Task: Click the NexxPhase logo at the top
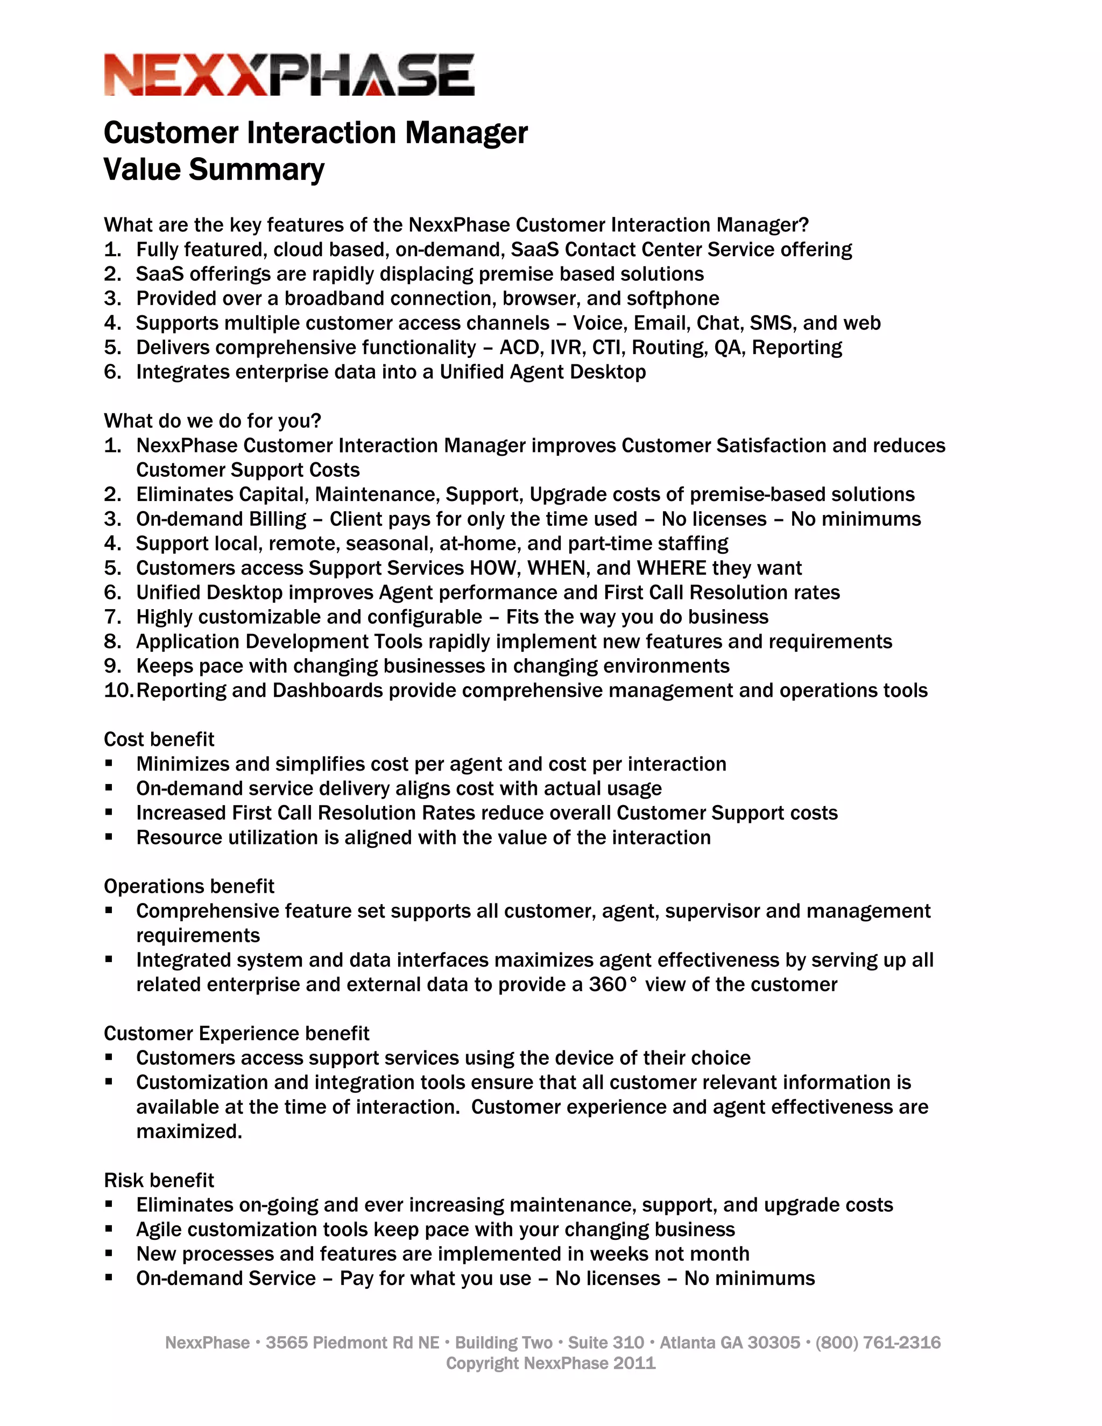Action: (288, 75)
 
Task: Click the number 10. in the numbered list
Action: (118, 691)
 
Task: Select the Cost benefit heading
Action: (159, 739)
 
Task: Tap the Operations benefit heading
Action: (189, 886)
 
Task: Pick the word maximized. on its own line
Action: (189, 1132)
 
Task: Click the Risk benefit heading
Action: (159, 1181)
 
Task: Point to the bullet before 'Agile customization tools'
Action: (109, 1230)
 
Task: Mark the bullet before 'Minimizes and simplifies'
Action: (109, 764)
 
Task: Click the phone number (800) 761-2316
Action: (878, 1343)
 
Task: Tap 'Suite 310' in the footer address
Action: (605, 1343)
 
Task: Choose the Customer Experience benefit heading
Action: (236, 1034)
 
